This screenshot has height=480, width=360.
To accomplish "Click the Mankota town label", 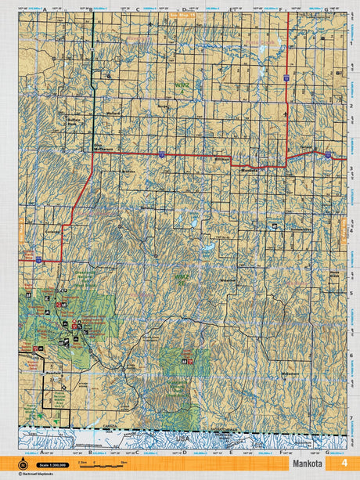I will pos(249,169).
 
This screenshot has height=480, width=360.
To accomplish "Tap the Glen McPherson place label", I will pos(104,146).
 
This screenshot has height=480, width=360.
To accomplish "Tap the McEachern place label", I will pos(290,374).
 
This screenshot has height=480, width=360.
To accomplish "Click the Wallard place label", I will pos(113,112).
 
